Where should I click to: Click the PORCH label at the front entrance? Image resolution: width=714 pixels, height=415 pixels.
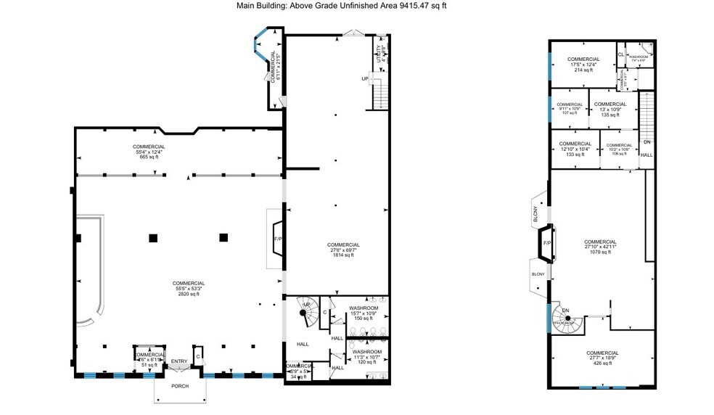tap(179, 386)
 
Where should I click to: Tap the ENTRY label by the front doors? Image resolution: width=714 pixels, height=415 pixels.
tap(178, 361)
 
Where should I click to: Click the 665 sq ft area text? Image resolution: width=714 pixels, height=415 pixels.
tap(149, 157)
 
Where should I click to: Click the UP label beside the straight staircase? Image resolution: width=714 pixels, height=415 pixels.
tap(365, 78)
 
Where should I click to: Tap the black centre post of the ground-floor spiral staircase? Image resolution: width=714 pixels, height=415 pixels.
tap(303, 313)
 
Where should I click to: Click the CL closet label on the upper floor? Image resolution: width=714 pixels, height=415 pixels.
tap(621, 54)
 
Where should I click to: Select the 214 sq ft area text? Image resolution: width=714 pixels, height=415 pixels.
tap(583, 70)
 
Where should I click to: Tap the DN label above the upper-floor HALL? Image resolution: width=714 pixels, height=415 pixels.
tap(647, 142)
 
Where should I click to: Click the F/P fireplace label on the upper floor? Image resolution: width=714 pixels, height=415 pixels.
tap(547, 243)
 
